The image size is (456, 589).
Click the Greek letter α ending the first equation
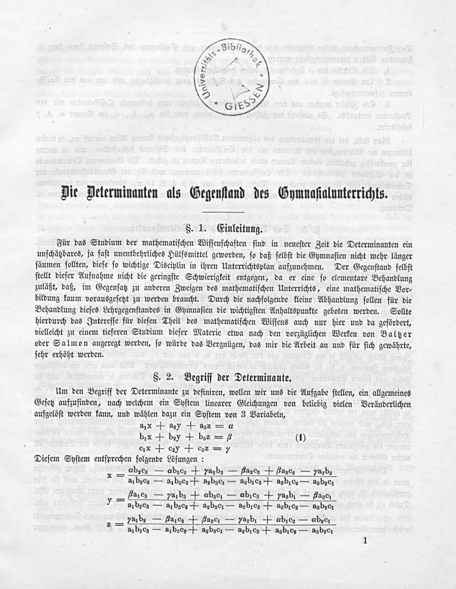point(231,426)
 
